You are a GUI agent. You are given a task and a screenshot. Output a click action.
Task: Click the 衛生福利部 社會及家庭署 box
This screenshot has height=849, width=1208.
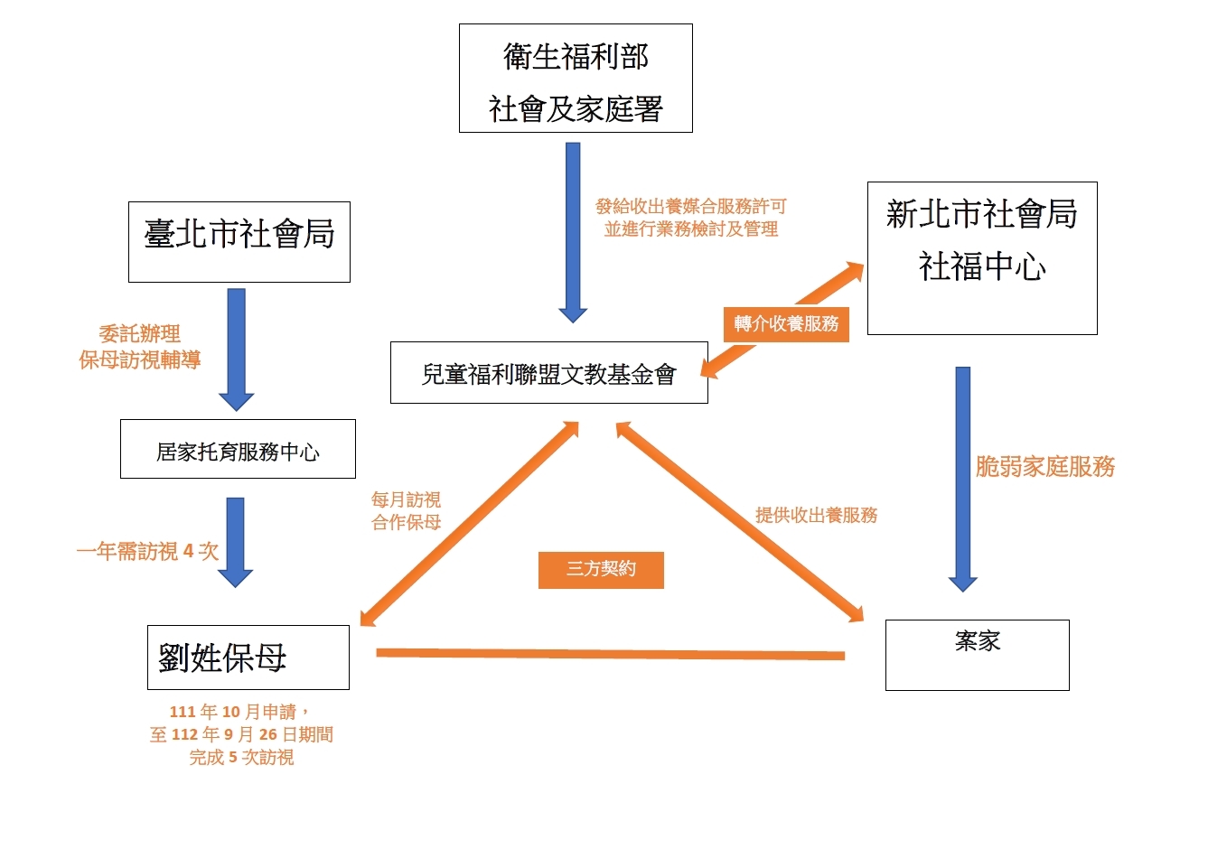coord(576,79)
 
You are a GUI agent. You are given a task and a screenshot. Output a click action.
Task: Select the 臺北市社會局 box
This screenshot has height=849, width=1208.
coord(239,241)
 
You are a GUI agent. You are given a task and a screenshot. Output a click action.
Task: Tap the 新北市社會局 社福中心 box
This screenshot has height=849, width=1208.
coord(982,257)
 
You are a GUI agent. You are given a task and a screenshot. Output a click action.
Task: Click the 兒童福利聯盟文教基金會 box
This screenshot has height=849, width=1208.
coord(548,372)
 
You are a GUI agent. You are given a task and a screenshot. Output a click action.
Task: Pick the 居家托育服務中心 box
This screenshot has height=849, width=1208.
coord(238,449)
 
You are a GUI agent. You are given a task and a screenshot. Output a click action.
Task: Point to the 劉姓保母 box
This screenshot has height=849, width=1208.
coord(248,657)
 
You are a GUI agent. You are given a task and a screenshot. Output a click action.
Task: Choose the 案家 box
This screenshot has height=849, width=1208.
coord(977,655)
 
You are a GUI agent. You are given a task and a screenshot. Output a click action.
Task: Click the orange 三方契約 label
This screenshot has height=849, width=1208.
coord(601,570)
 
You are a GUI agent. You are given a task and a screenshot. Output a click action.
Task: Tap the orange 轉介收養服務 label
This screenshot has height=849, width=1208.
coord(786,324)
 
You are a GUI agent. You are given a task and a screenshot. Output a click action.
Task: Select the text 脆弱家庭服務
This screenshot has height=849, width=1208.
coord(1045,467)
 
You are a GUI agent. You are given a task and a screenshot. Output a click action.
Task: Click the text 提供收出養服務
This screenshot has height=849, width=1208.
coord(816,516)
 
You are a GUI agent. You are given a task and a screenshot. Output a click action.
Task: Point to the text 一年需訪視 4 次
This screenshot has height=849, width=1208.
coord(147,551)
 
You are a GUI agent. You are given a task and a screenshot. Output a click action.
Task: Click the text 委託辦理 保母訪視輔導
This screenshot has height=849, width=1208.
coord(140,347)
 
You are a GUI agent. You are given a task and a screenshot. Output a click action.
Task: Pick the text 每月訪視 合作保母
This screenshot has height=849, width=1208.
coord(406,510)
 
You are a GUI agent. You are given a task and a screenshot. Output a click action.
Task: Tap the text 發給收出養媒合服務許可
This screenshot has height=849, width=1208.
coord(691,207)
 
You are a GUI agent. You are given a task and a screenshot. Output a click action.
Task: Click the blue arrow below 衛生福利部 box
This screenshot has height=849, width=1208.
coord(573,230)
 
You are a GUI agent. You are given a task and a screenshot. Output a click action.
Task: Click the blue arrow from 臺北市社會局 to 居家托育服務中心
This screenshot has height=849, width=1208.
coord(236,348)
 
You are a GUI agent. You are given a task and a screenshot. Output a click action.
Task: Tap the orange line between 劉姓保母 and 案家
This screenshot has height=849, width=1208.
coord(610,654)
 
